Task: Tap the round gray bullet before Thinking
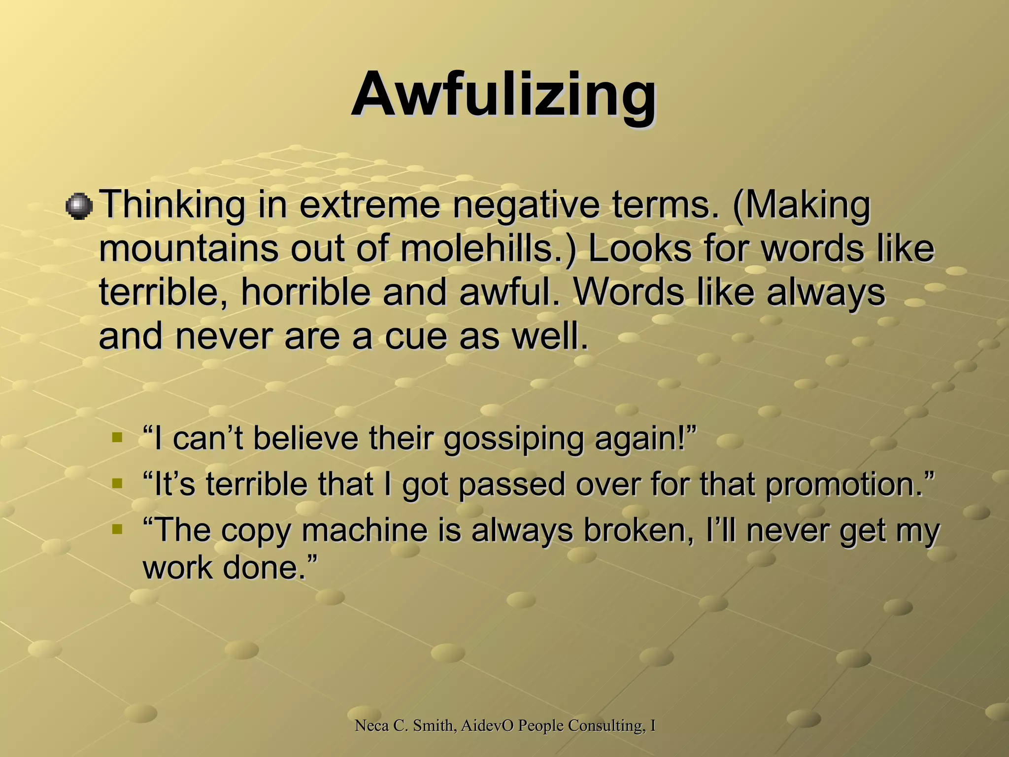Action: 79,206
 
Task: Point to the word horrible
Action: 305,293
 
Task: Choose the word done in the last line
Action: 266,567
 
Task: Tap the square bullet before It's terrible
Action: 117,483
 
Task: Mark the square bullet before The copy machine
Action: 117,529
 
